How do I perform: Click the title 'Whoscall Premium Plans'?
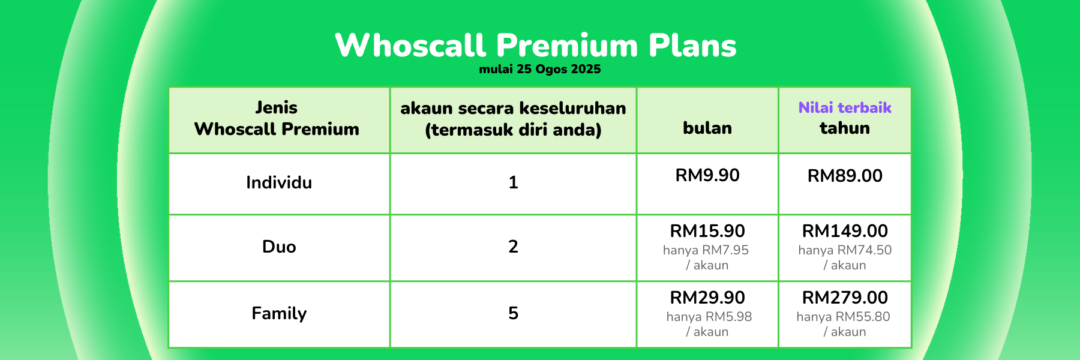(x=536, y=45)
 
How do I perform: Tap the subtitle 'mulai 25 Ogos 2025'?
(x=540, y=69)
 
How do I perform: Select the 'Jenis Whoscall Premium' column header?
(x=277, y=118)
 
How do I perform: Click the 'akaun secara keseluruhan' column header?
(x=513, y=119)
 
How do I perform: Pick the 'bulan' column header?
(x=707, y=128)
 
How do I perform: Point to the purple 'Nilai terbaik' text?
(x=845, y=107)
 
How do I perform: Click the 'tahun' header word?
(x=845, y=128)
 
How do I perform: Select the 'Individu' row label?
(x=279, y=182)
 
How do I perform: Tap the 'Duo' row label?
(x=279, y=247)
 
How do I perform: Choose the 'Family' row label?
(x=279, y=313)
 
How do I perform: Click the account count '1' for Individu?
(x=513, y=182)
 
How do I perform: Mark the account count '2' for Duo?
(x=513, y=247)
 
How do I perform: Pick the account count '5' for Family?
(x=513, y=313)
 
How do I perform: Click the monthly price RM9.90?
(x=707, y=175)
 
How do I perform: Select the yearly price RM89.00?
(x=845, y=176)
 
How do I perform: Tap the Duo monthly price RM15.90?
(x=707, y=231)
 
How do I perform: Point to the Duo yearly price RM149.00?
(x=845, y=231)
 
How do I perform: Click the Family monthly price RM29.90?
(x=707, y=298)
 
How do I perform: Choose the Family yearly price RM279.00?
(x=845, y=298)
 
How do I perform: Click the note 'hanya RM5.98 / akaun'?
(x=709, y=324)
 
